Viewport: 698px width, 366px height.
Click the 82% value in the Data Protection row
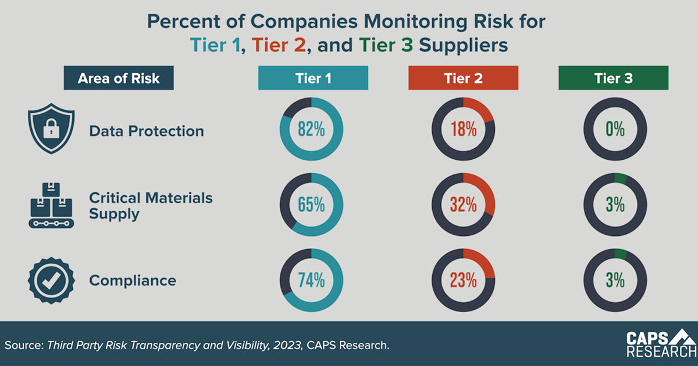[311, 130]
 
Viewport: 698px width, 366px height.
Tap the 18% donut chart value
[463, 130]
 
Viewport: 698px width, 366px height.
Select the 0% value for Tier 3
[614, 130]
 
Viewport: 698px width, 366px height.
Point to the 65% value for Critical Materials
[311, 204]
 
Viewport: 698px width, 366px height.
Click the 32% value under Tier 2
[463, 204]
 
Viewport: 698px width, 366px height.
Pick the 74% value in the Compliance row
[311, 280]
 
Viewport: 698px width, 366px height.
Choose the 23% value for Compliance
[463, 280]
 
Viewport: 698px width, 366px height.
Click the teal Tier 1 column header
[313, 78]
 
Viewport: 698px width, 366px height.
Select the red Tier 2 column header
[463, 78]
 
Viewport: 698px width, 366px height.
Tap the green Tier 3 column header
[614, 78]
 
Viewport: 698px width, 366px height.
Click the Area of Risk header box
[119, 78]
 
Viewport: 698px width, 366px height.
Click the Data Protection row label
[147, 131]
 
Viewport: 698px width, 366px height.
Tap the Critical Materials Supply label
[151, 206]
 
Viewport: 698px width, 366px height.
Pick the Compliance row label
[133, 281]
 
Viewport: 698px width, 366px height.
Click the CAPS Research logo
[661, 344]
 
